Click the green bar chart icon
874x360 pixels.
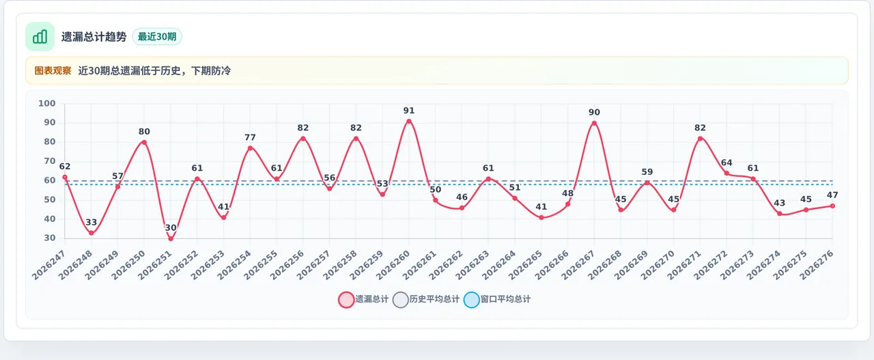click(40, 37)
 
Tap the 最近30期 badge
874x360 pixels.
click(157, 37)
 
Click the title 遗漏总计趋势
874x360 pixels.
click(94, 37)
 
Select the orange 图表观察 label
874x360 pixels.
click(53, 70)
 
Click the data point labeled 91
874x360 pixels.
click(409, 122)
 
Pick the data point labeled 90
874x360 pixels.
click(594, 124)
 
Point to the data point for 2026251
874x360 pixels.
click(171, 238)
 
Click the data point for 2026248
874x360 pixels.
click(91, 233)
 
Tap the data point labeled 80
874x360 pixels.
click(144, 143)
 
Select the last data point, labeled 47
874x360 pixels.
click(832, 206)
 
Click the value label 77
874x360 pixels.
click(250, 137)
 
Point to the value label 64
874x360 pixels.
click(727, 163)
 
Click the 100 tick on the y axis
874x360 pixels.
click(47, 103)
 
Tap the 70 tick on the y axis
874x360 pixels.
click(50, 161)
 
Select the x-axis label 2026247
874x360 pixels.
click(48, 265)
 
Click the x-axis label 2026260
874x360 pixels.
click(393, 265)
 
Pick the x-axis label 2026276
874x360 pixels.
click(817, 265)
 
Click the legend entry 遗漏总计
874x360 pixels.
click(364, 299)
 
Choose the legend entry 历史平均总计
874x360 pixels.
click(426, 299)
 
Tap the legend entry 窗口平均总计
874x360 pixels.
click(497, 299)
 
